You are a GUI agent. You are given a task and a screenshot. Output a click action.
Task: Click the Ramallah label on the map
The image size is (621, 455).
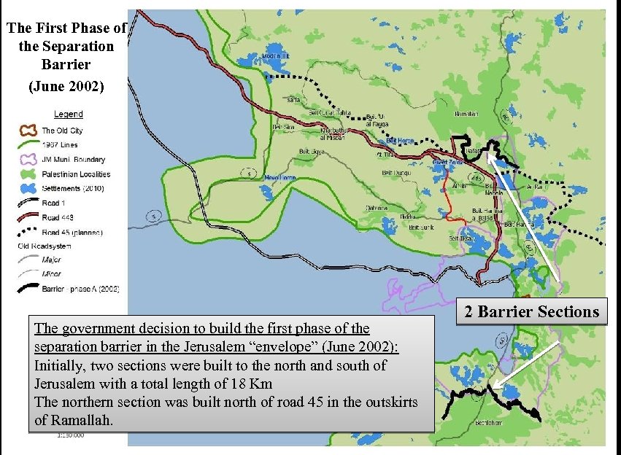click(466, 114)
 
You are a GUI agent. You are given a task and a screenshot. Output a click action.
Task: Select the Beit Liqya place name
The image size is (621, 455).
click(312, 152)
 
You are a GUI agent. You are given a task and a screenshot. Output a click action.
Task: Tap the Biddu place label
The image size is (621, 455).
click(409, 217)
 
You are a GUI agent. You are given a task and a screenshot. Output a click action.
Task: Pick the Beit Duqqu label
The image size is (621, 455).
click(395, 174)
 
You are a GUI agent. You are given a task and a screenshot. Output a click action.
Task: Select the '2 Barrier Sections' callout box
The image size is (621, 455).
click(532, 312)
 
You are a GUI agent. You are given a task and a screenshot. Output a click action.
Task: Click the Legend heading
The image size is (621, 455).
click(69, 114)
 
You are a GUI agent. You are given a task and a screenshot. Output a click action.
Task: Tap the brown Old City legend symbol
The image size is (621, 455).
click(28, 130)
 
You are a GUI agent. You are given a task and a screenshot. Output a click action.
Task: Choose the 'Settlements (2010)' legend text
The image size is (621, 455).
click(73, 189)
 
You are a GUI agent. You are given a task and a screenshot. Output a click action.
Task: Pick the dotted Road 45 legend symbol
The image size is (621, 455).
click(28, 233)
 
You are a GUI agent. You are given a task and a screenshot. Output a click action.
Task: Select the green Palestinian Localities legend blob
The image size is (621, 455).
click(28, 174)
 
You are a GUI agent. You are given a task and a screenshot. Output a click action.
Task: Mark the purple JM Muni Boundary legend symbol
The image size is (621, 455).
click(28, 159)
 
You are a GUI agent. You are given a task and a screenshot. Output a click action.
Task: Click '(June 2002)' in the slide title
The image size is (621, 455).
click(66, 86)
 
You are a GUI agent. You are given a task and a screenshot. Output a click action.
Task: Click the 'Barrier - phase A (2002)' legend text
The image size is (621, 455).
click(80, 289)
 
